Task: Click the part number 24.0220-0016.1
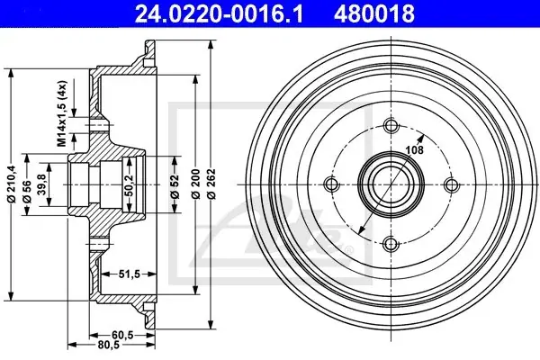tap(219, 14)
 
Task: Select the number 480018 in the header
tap(374, 14)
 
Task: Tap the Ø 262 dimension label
tap(211, 184)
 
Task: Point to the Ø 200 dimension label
tap(195, 184)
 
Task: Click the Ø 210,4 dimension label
tap(12, 184)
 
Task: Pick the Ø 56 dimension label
tap(27, 192)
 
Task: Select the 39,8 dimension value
tap(42, 184)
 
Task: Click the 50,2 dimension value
tap(129, 185)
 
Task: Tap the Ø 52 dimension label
tap(175, 187)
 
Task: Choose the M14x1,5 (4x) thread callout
tap(61, 113)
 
